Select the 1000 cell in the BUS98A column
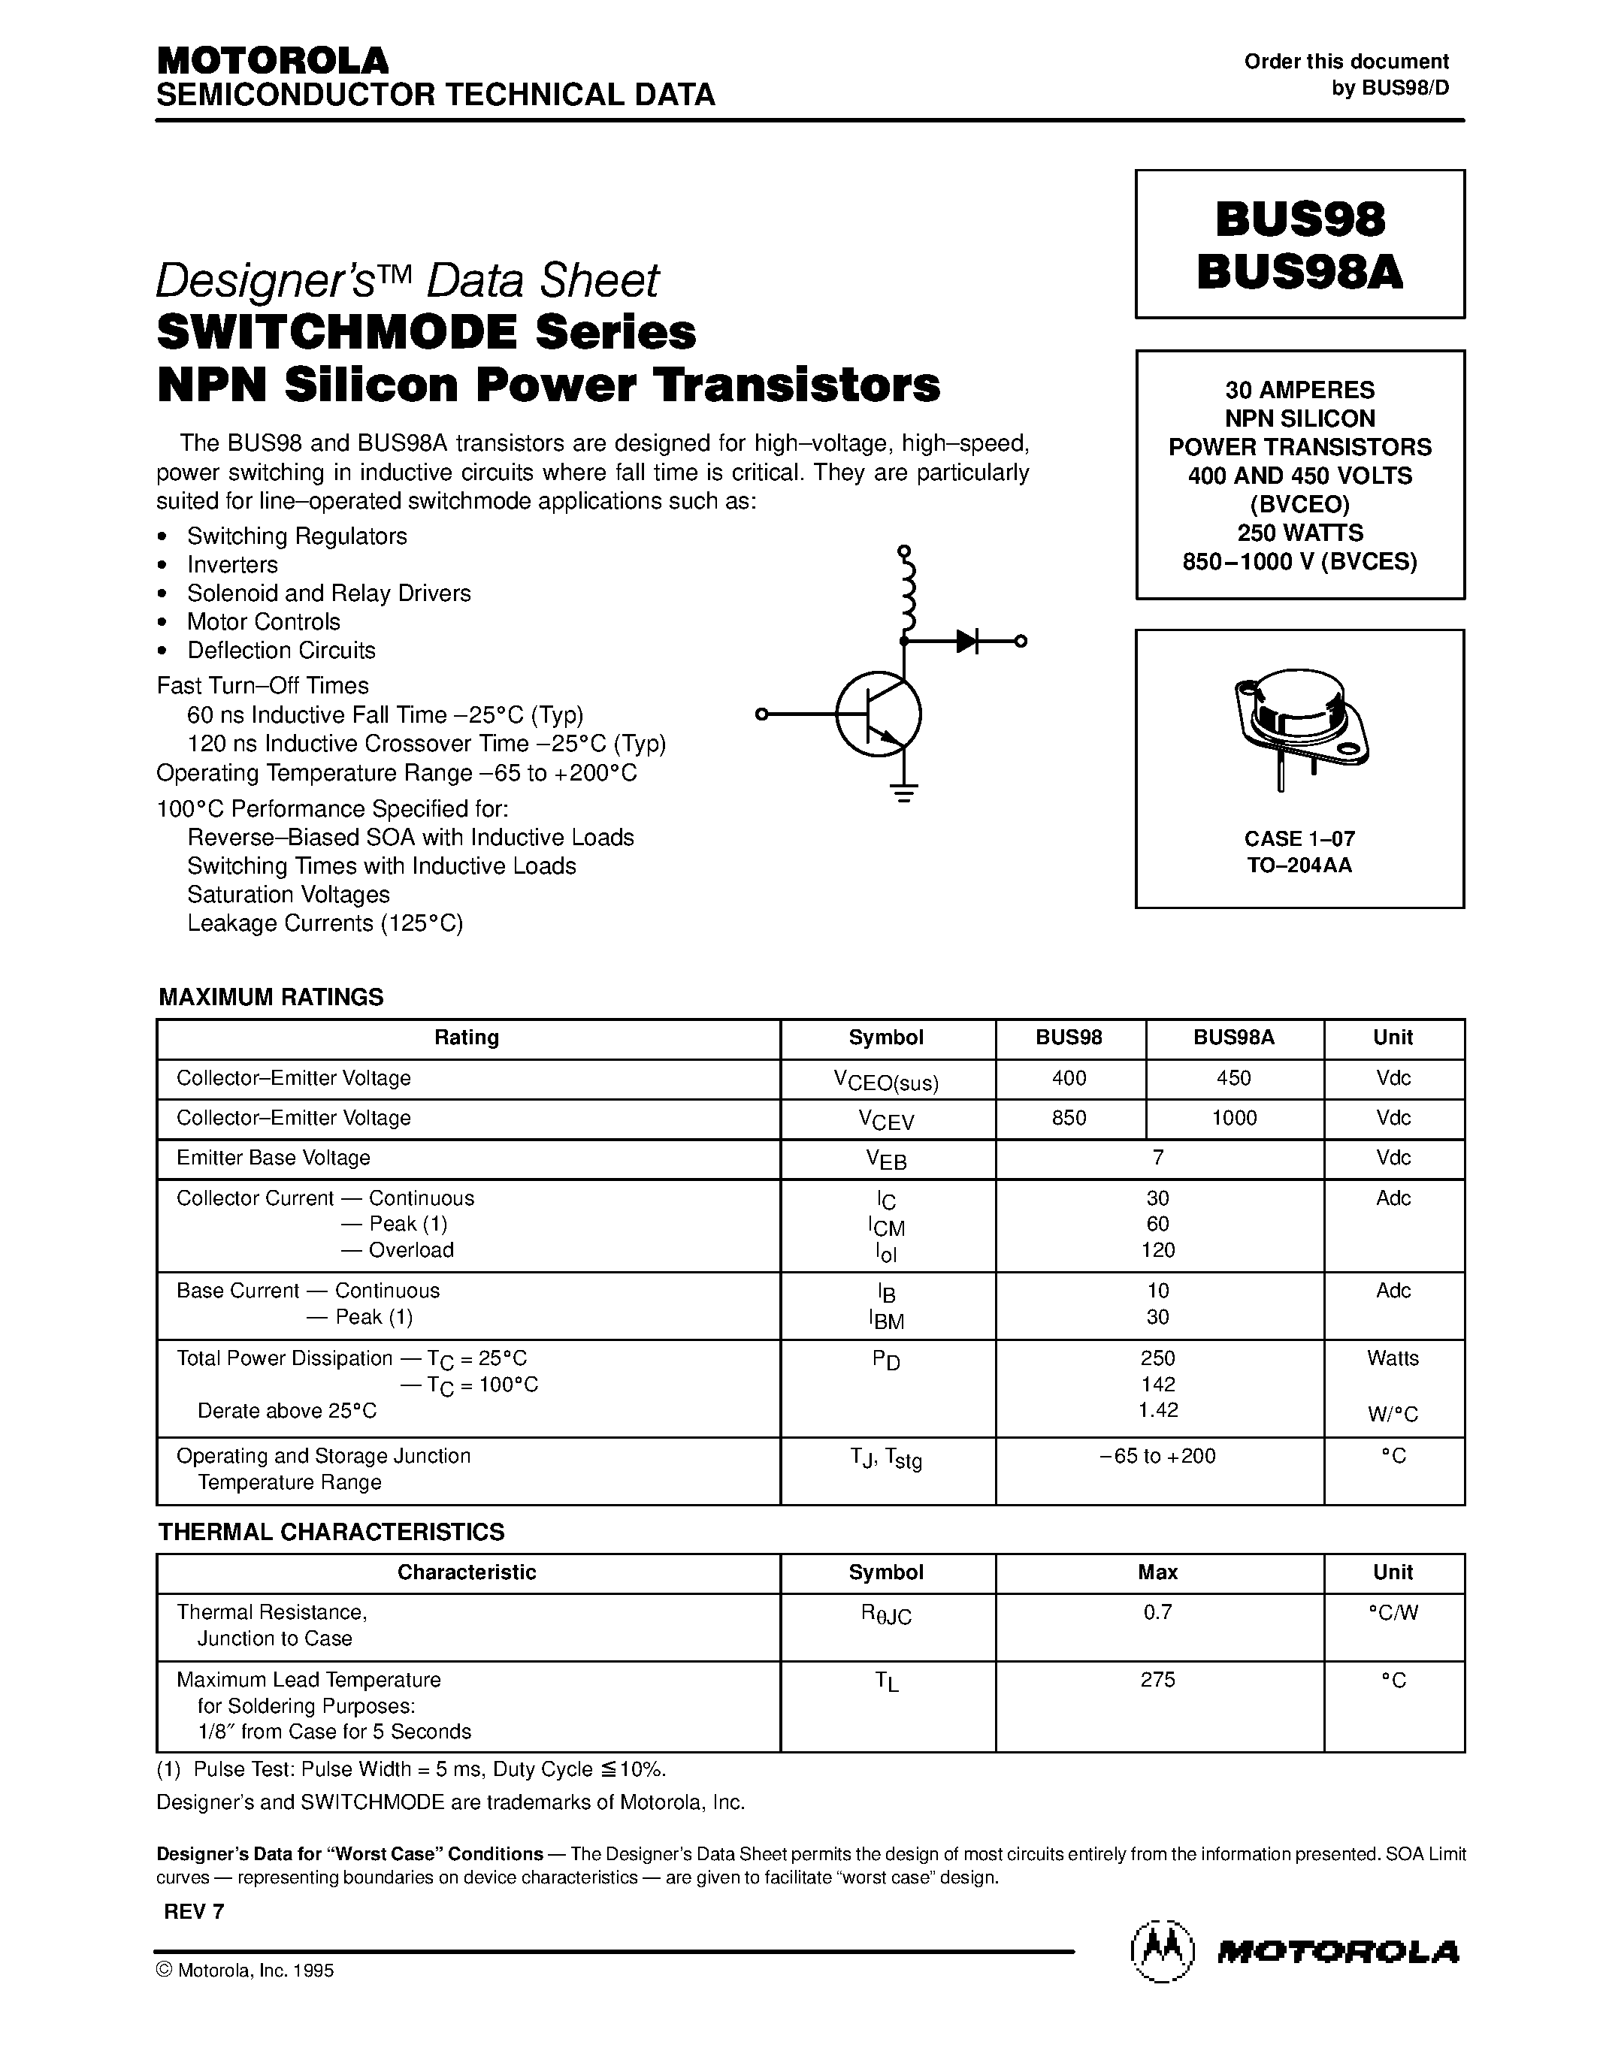1234,1118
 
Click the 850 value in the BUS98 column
1069,1118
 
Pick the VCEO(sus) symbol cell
887,1080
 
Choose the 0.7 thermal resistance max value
1158,1612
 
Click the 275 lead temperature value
1158,1679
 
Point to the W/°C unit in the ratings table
1393,1414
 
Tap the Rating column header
467,1038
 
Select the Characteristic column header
467,1572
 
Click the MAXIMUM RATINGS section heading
271,997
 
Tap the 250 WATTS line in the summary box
1300,533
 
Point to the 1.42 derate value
1158,1410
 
